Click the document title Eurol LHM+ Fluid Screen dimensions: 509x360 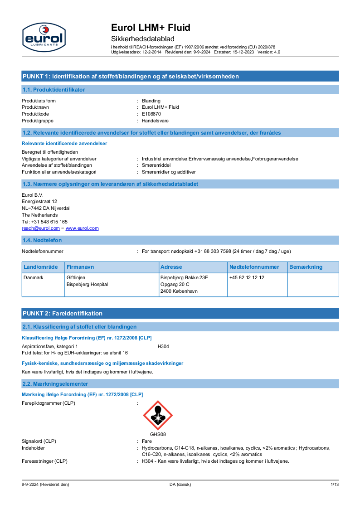point(151,28)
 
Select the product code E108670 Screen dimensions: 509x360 point(151,114)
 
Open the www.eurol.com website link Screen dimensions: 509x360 point(82,228)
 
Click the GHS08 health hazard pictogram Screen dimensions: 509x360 point(158,415)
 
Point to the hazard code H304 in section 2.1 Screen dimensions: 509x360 point(163,346)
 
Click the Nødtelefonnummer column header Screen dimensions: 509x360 point(254,267)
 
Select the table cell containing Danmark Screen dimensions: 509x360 point(34,277)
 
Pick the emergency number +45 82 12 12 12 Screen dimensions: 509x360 point(247,277)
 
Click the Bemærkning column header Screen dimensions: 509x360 point(306,267)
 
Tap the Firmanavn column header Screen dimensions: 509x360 point(80,267)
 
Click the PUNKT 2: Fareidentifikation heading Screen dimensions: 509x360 point(63,313)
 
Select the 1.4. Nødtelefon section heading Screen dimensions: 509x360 point(42,240)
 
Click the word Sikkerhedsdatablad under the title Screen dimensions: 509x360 point(143,39)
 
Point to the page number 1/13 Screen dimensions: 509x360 point(335,485)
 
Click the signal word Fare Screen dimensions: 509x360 point(146,441)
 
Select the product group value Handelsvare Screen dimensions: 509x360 point(155,121)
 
